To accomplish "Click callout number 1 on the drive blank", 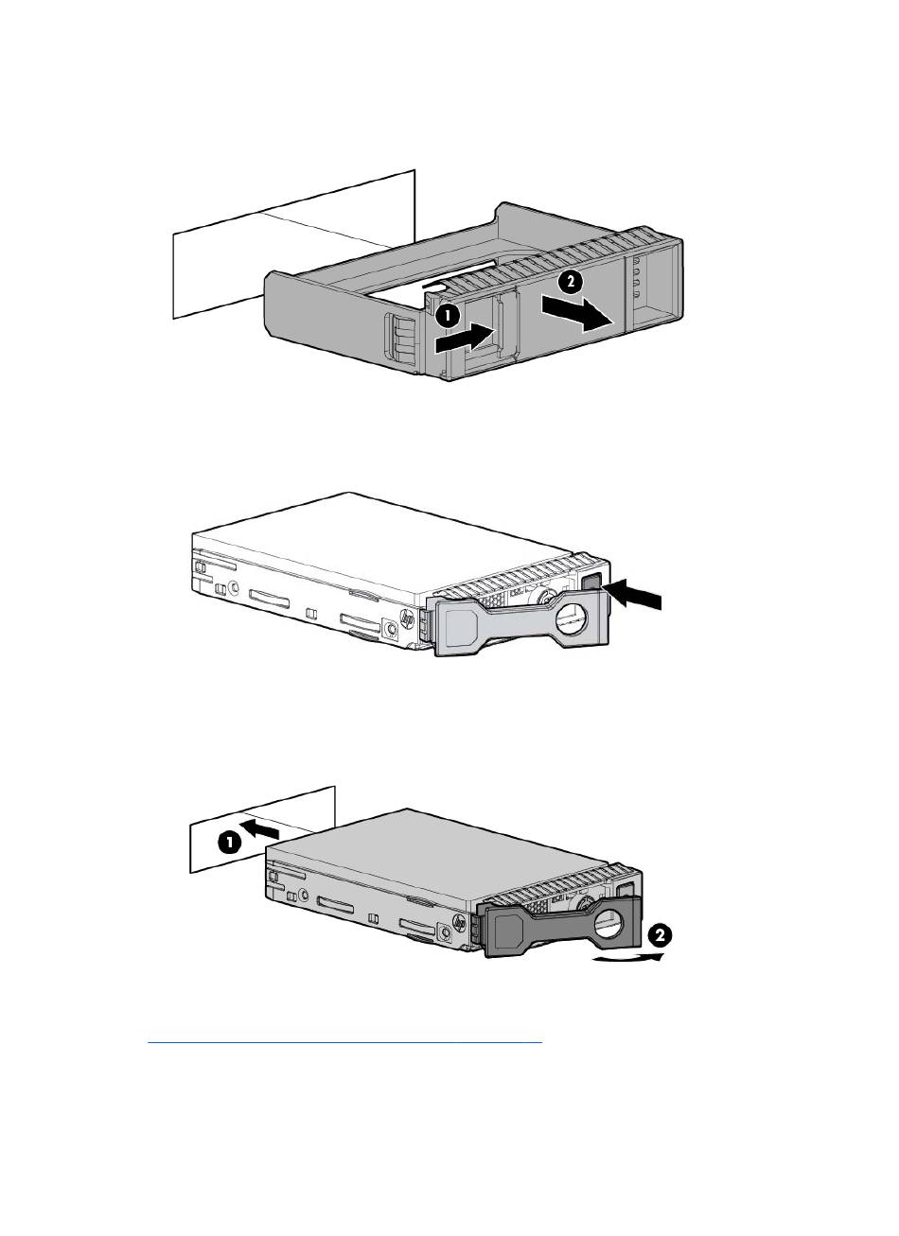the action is point(448,317).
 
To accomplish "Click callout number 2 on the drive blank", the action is point(570,282).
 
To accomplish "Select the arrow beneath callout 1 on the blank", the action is point(465,338).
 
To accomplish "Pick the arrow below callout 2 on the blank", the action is point(577,312).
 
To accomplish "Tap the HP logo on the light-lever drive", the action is point(409,618).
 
